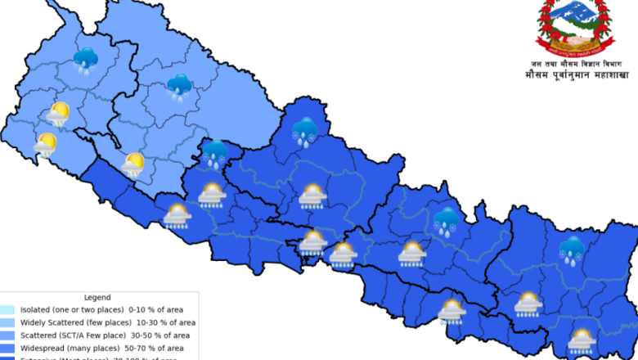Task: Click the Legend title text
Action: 97,298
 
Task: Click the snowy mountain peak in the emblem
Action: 573,11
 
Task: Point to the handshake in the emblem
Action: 573,36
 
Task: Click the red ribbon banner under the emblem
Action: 573,48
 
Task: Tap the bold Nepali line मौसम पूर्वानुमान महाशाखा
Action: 577,75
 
